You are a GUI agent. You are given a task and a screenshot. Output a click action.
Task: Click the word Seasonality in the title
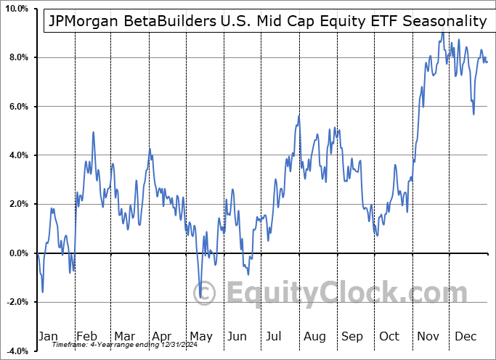pyautogui.click(x=445, y=21)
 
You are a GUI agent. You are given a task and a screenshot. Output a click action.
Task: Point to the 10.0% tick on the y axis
pyautogui.click(x=15, y=9)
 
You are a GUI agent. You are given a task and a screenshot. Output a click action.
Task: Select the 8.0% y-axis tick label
pyautogui.click(x=17, y=57)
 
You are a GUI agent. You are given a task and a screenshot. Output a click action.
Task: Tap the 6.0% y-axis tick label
pyautogui.click(x=17, y=107)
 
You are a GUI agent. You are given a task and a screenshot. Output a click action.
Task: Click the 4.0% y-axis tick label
pyautogui.click(x=17, y=155)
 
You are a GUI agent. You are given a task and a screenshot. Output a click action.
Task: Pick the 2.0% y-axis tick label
pyautogui.click(x=17, y=205)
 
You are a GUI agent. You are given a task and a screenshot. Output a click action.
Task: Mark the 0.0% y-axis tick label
pyautogui.click(x=17, y=253)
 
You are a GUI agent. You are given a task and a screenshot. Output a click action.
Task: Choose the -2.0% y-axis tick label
pyautogui.click(x=16, y=302)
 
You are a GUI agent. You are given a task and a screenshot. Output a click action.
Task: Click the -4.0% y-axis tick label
pyautogui.click(x=16, y=351)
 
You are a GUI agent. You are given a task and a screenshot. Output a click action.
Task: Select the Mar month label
pyautogui.click(x=124, y=336)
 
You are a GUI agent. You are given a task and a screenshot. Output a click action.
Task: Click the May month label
pyautogui.click(x=200, y=336)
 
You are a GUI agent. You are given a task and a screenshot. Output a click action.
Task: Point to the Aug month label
pyautogui.click(x=315, y=336)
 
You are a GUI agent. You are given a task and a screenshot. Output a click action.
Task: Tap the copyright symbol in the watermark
pyautogui.click(x=206, y=292)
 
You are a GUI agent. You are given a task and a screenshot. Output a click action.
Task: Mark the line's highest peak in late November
pyautogui.click(x=442, y=33)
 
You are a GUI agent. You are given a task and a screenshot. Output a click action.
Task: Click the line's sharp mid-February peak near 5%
pyautogui.click(x=94, y=132)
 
